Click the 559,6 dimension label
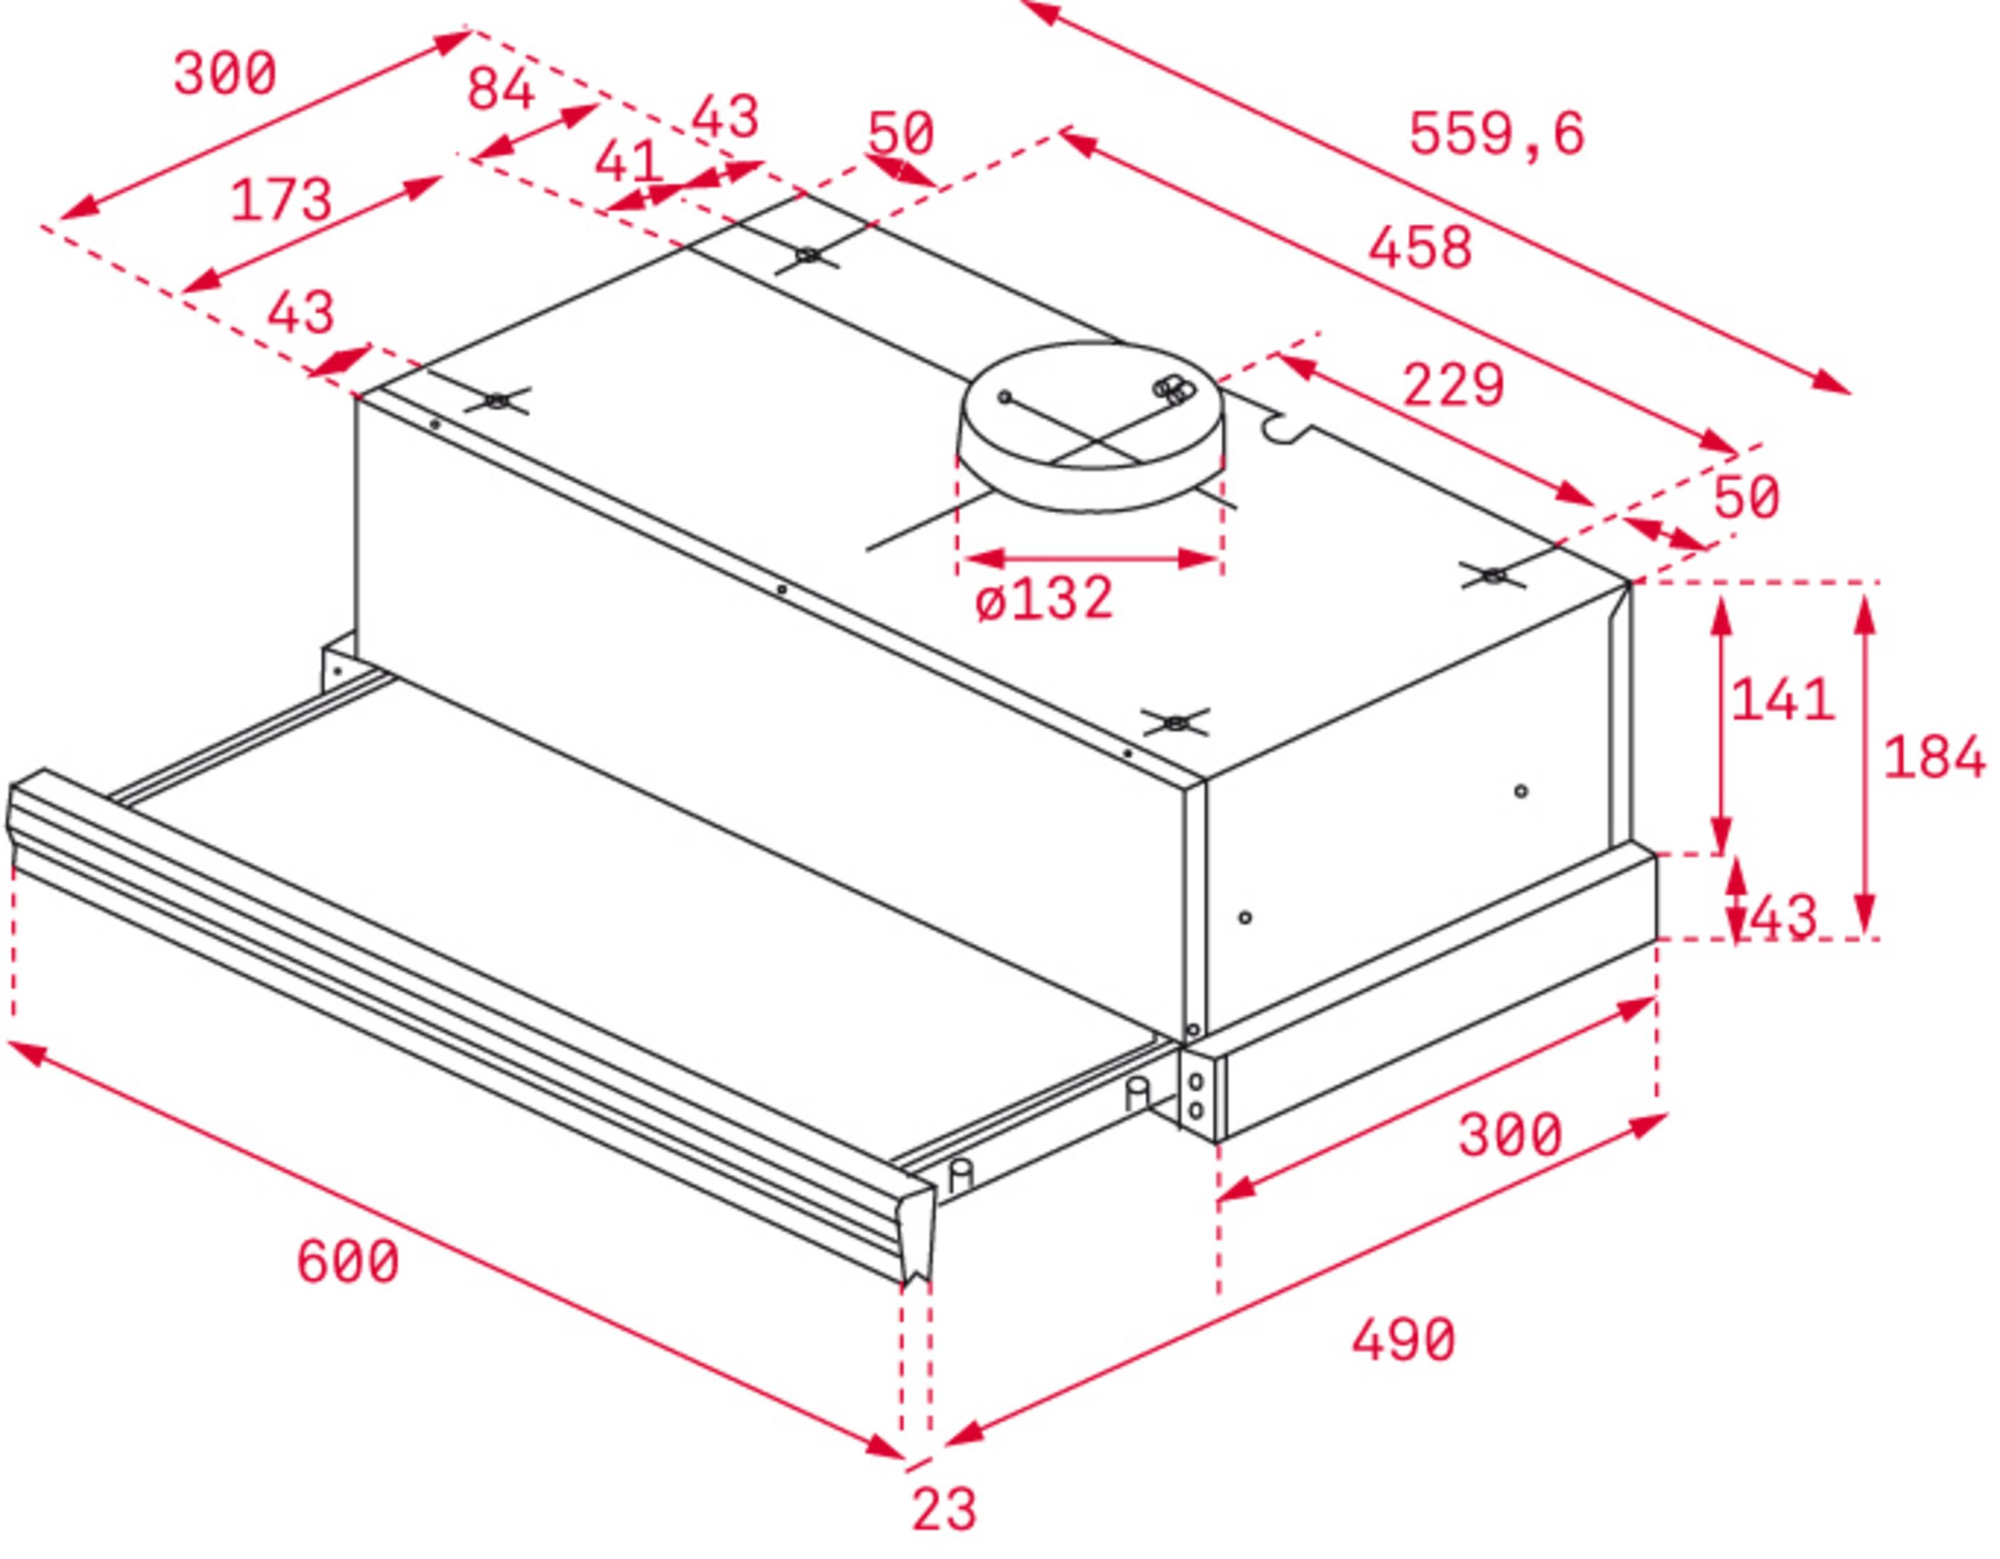pos(1496,134)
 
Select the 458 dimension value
pos(1420,247)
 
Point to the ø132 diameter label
pos(1045,598)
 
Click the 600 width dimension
pos(348,1261)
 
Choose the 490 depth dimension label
pos(1403,1339)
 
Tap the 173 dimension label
pos(281,200)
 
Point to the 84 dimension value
pos(500,90)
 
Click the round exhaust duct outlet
pos(1090,426)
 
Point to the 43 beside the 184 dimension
pos(1782,917)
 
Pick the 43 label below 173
pos(300,313)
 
